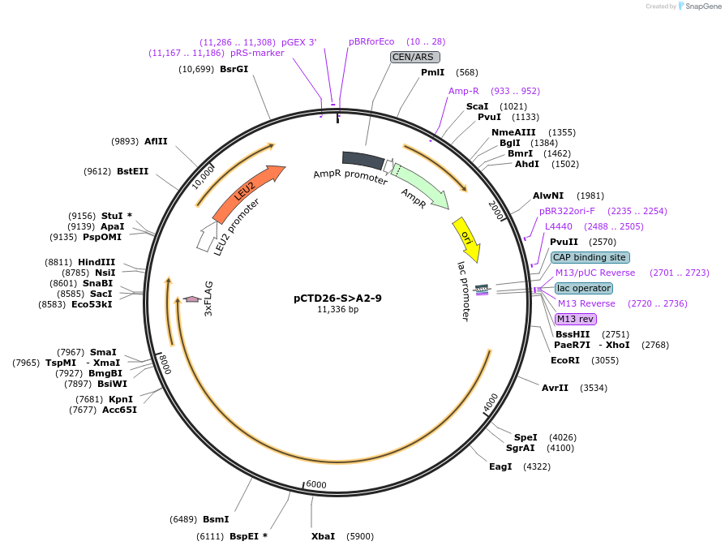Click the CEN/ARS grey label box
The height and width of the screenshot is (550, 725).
tap(414, 57)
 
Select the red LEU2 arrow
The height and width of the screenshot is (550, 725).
tap(247, 194)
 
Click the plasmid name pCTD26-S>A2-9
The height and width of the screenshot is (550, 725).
tap(337, 298)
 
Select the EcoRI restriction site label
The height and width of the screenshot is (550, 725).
tap(565, 360)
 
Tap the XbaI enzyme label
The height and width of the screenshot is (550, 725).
tap(323, 536)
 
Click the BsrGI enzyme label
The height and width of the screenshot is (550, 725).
tap(234, 69)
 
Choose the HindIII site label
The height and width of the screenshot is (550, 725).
tap(97, 262)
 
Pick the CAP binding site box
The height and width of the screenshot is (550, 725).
tap(590, 257)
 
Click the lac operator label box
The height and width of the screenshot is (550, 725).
tap(584, 288)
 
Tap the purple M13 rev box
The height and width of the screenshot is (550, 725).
tap(576, 319)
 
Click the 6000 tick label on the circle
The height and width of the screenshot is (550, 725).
tap(316, 484)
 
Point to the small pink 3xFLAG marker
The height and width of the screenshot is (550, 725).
tap(192, 299)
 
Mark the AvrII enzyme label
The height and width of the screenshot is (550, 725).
tap(556, 388)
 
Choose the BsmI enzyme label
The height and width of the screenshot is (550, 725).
tap(216, 519)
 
